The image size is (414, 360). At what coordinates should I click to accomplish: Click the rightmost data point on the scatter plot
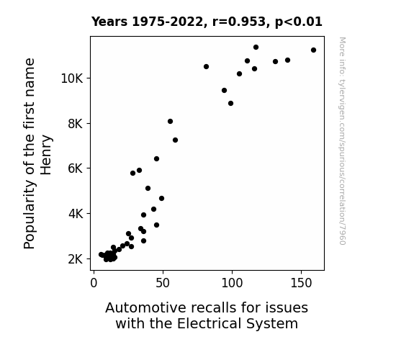tap(313, 50)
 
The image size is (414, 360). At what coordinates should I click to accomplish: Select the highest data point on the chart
tap(256, 47)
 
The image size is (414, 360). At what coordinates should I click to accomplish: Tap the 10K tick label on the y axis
tap(72, 78)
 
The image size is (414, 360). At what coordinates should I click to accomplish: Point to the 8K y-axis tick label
tap(76, 124)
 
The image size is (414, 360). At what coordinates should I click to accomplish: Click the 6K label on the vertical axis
tap(76, 168)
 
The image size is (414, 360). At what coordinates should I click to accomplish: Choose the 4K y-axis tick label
tap(76, 214)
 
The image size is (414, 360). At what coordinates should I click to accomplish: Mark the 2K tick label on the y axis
tap(76, 259)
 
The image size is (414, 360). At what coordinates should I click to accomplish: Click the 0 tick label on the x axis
tap(94, 283)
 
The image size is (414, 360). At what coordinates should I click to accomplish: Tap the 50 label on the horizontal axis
tap(163, 283)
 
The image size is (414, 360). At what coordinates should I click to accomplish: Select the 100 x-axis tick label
tap(232, 283)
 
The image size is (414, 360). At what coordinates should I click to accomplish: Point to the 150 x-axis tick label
tap(301, 283)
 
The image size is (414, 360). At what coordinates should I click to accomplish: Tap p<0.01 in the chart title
tap(299, 22)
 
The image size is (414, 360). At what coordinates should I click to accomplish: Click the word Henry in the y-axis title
tap(46, 155)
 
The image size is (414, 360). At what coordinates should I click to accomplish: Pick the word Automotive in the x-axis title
tap(146, 307)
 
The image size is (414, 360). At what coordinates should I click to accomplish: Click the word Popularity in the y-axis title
tap(29, 215)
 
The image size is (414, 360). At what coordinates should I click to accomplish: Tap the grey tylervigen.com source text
tap(342, 141)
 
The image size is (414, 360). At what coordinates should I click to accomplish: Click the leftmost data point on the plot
tap(101, 255)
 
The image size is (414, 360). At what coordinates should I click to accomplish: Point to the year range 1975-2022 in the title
tap(167, 22)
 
